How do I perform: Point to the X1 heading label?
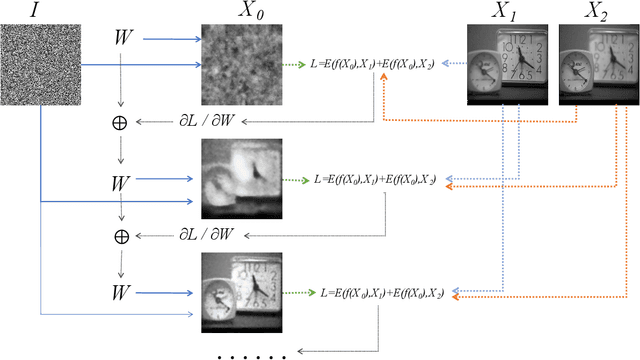[506, 11]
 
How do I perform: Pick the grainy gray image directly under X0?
[240, 63]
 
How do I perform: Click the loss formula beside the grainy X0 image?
[372, 64]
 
